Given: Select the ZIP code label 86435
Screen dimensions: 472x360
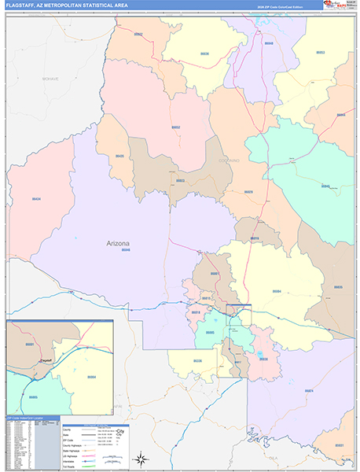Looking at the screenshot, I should pyautogui.click(x=119, y=157).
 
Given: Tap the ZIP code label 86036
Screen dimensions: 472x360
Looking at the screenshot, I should pyautogui.click(x=205, y=53).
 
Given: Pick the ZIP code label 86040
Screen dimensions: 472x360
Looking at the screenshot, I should pyautogui.click(x=269, y=44).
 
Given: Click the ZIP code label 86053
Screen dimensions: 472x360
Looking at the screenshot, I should pyautogui.click(x=320, y=53).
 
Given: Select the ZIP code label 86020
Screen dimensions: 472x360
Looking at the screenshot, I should pyautogui.click(x=248, y=191).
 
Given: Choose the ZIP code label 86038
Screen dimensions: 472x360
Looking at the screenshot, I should pyautogui.click(x=263, y=360).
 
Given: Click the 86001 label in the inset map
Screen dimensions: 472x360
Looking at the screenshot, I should pyautogui.click(x=30, y=345).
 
